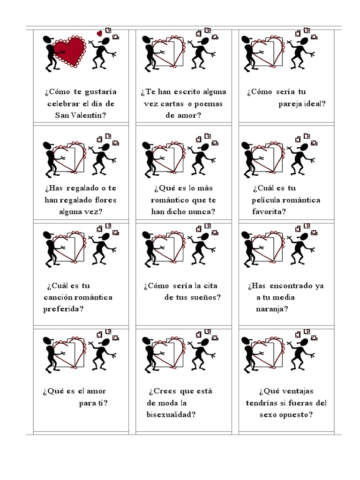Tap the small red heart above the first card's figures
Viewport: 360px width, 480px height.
[x=99, y=33]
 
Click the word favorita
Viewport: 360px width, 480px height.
[x=269, y=211]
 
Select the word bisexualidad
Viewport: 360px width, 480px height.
[x=171, y=414]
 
